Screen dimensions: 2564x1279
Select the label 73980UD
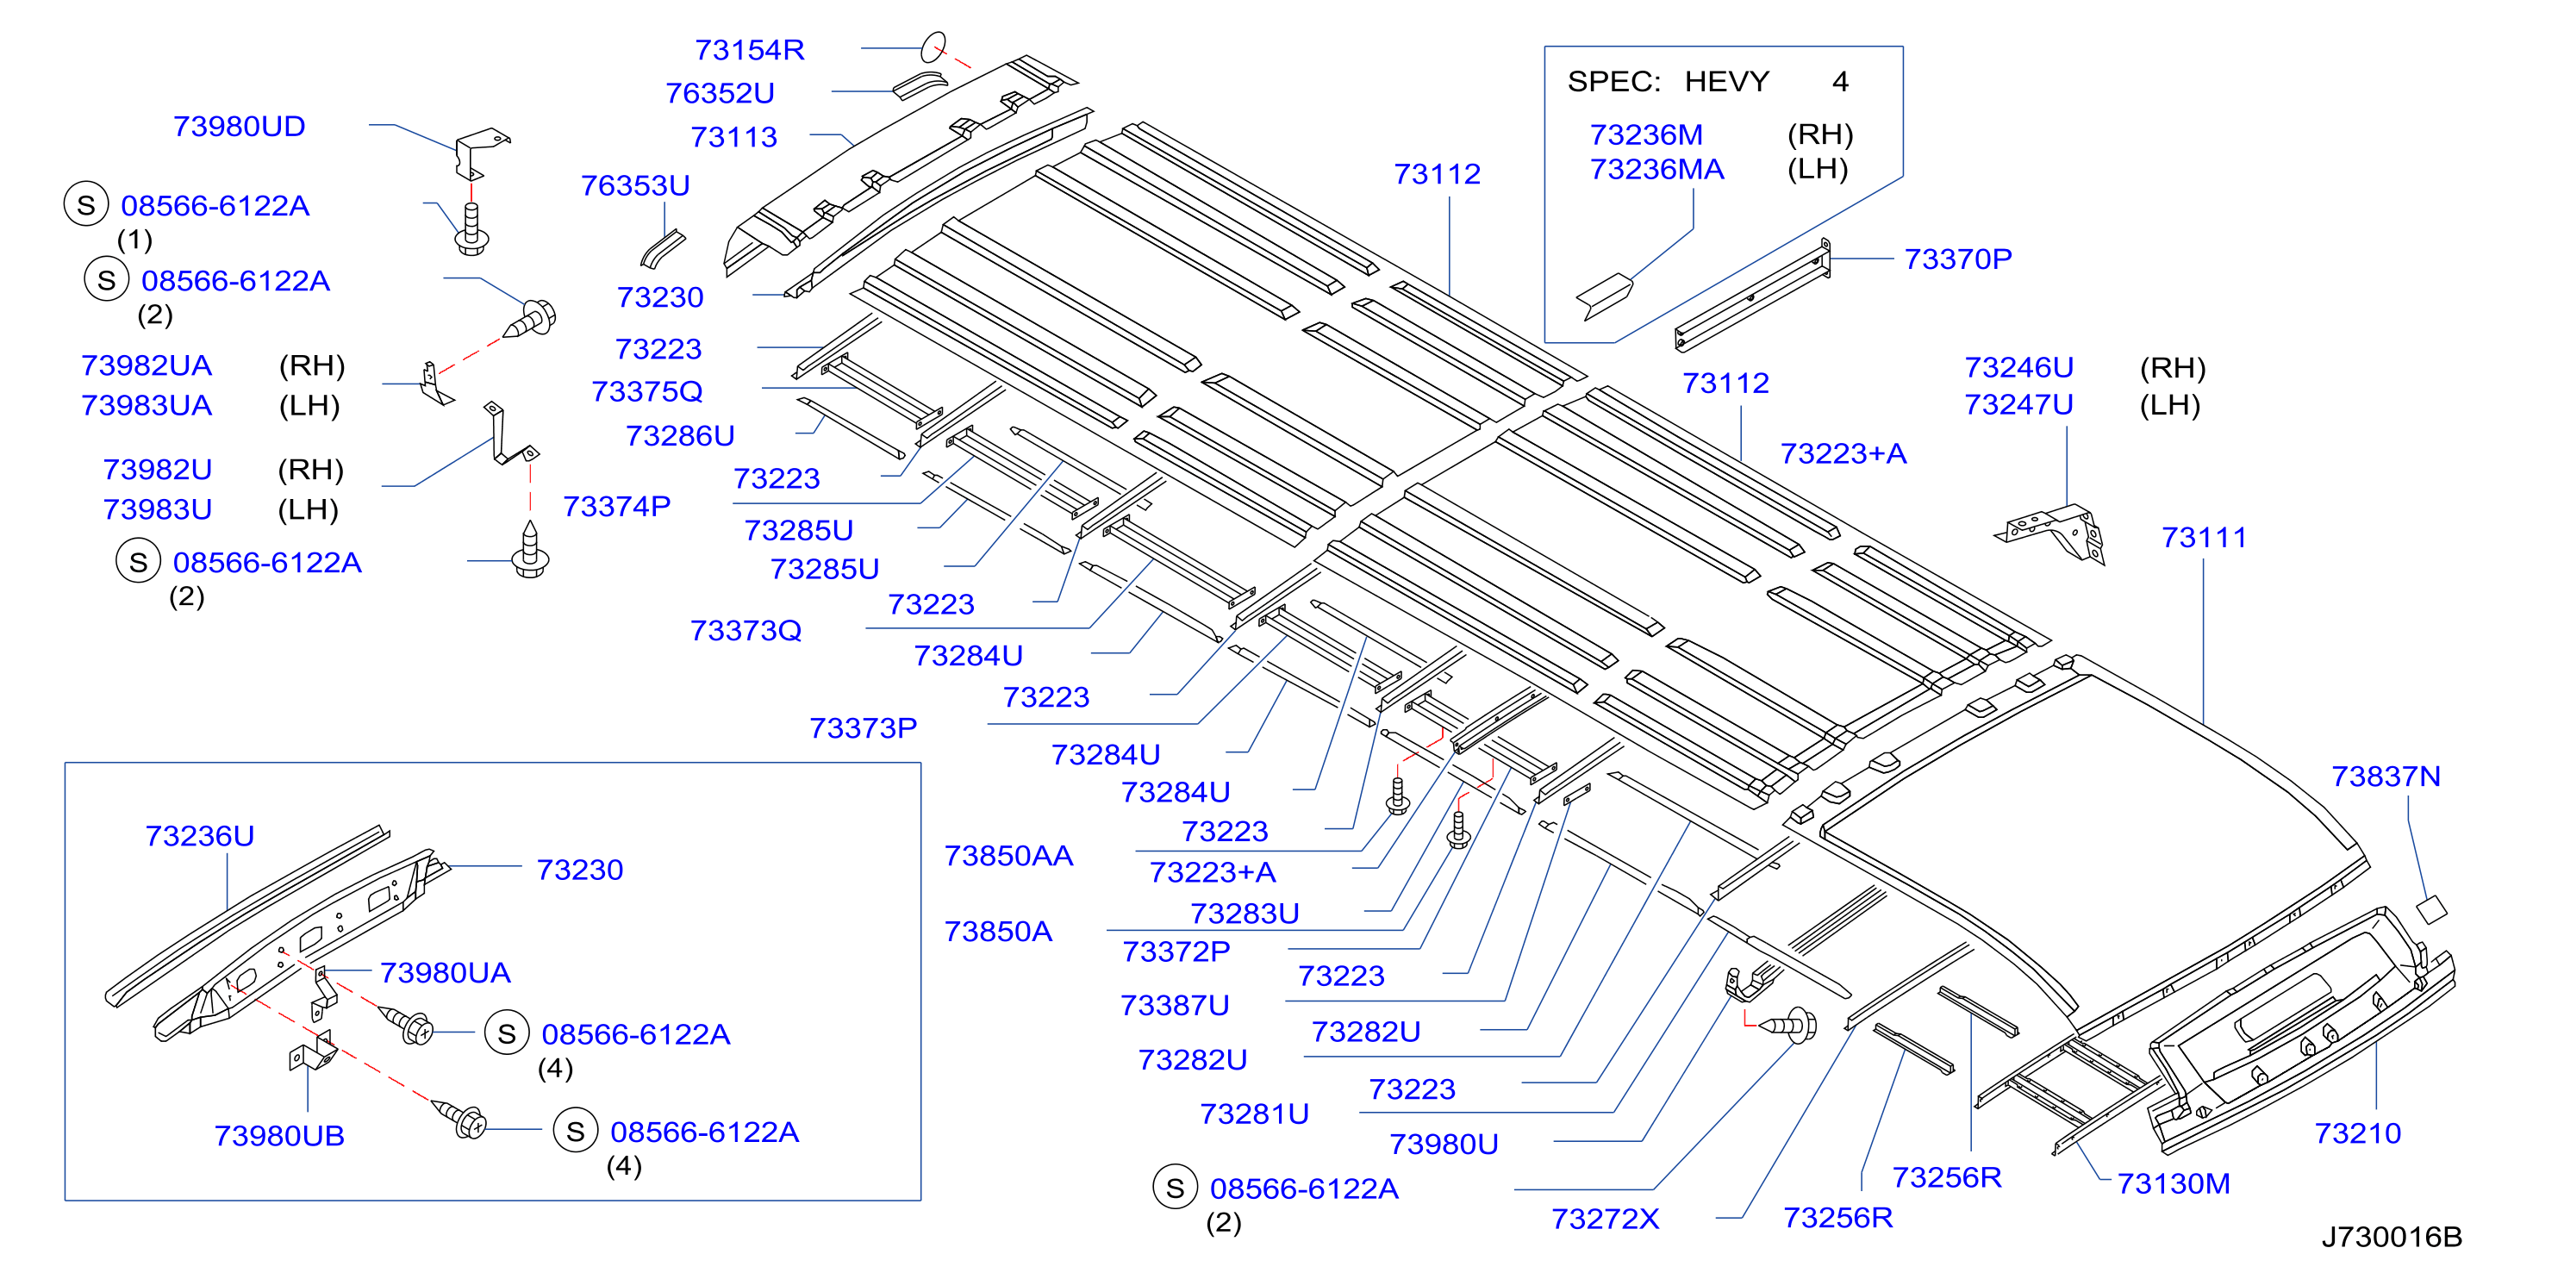[239, 127]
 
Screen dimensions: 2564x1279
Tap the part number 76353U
[635, 185]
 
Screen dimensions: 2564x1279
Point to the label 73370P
[1957, 259]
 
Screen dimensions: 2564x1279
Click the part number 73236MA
[1656, 169]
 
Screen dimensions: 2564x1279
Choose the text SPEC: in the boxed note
[1613, 82]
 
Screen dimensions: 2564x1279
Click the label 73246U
[2018, 367]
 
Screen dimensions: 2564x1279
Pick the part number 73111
[2204, 538]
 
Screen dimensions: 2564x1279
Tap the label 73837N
[2386, 777]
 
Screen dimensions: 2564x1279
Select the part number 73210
[2357, 1132]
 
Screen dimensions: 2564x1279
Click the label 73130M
[2173, 1183]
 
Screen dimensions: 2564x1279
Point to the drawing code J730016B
[2392, 1237]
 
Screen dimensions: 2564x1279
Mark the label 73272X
[1605, 1220]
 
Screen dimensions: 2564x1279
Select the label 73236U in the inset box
[199, 836]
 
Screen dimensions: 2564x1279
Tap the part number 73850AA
[1008, 856]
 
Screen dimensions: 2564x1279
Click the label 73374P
[616, 507]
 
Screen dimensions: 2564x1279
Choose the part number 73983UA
[147, 406]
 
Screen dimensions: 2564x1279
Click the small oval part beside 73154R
[933, 47]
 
